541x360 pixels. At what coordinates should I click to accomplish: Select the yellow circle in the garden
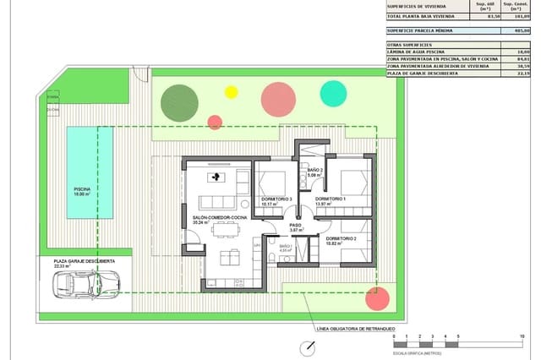click(x=231, y=91)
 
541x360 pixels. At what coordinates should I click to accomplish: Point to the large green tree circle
click(x=179, y=101)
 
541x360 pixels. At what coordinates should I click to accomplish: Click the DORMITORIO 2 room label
click(x=348, y=240)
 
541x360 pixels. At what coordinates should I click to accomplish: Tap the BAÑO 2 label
click(x=315, y=172)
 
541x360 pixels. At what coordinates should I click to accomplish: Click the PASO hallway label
click(x=296, y=226)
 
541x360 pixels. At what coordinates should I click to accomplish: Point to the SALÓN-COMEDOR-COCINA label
click(x=220, y=218)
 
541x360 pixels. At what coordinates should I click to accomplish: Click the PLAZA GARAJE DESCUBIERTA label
click(x=84, y=262)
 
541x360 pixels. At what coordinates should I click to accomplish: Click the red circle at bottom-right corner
click(x=378, y=298)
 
